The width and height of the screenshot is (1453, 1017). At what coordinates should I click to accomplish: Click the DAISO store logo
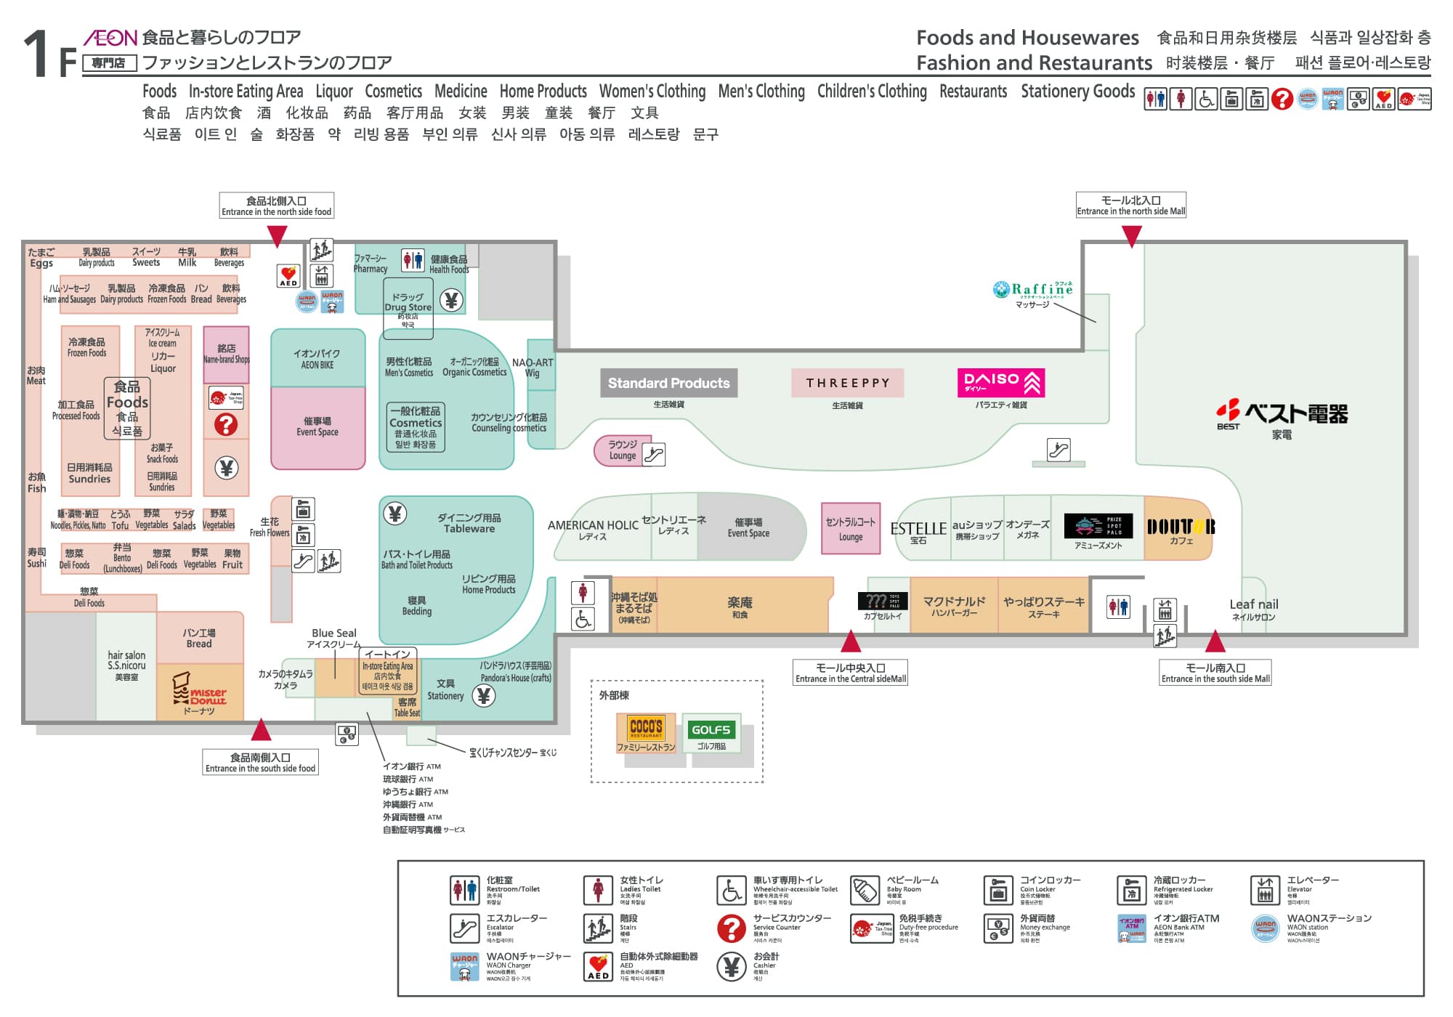pyautogui.click(x=1001, y=383)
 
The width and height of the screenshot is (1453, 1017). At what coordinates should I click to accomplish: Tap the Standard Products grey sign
pyautogui.click(x=668, y=383)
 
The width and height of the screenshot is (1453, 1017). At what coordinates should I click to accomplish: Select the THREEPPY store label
pyautogui.click(x=847, y=383)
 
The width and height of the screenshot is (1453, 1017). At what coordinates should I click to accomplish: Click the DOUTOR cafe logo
pyautogui.click(x=1181, y=527)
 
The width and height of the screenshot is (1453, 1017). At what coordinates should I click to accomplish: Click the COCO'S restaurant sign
pyautogui.click(x=646, y=728)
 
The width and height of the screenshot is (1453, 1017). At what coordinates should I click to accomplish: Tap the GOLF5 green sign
pyautogui.click(x=711, y=729)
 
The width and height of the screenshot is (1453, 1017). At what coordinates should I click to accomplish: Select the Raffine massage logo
pyautogui.click(x=1033, y=290)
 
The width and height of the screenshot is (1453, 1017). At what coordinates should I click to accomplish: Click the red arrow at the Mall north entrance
pyautogui.click(x=1131, y=235)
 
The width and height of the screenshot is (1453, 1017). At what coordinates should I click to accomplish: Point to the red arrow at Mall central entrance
pyautogui.click(x=851, y=641)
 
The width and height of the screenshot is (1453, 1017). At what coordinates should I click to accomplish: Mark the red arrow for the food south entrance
pyautogui.click(x=261, y=729)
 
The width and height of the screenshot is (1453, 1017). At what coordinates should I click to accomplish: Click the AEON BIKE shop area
pyautogui.click(x=317, y=359)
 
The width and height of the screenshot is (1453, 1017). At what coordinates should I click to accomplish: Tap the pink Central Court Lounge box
pyautogui.click(x=851, y=528)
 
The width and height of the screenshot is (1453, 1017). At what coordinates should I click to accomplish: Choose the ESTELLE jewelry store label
pyautogui.click(x=918, y=530)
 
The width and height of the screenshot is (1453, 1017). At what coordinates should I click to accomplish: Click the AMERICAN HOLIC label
pyautogui.click(x=593, y=526)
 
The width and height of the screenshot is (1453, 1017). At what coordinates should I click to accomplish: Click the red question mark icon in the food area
pyautogui.click(x=226, y=424)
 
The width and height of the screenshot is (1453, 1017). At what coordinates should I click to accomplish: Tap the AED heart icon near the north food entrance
pyautogui.click(x=288, y=276)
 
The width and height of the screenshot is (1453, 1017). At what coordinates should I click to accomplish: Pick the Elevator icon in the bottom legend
pyautogui.click(x=1265, y=890)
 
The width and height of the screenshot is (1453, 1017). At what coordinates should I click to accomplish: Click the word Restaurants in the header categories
pyautogui.click(x=973, y=92)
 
